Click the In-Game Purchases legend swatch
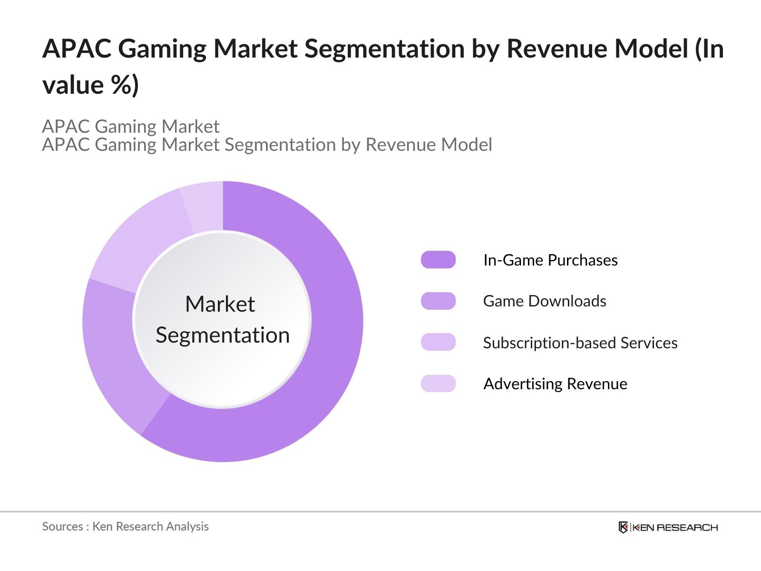[438, 260]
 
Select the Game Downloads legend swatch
[438, 301]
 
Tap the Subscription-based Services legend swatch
[438, 342]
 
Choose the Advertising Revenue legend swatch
[438, 384]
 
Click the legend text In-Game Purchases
[550, 260]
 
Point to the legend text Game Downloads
[545, 301]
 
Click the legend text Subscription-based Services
[580, 343]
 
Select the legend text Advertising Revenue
[555, 384]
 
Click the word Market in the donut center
[220, 305]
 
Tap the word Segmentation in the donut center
[223, 335]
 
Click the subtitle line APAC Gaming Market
[131, 127]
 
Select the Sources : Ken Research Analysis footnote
[126, 526]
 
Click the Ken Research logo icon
[623, 527]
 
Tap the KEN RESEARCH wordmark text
[675, 527]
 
